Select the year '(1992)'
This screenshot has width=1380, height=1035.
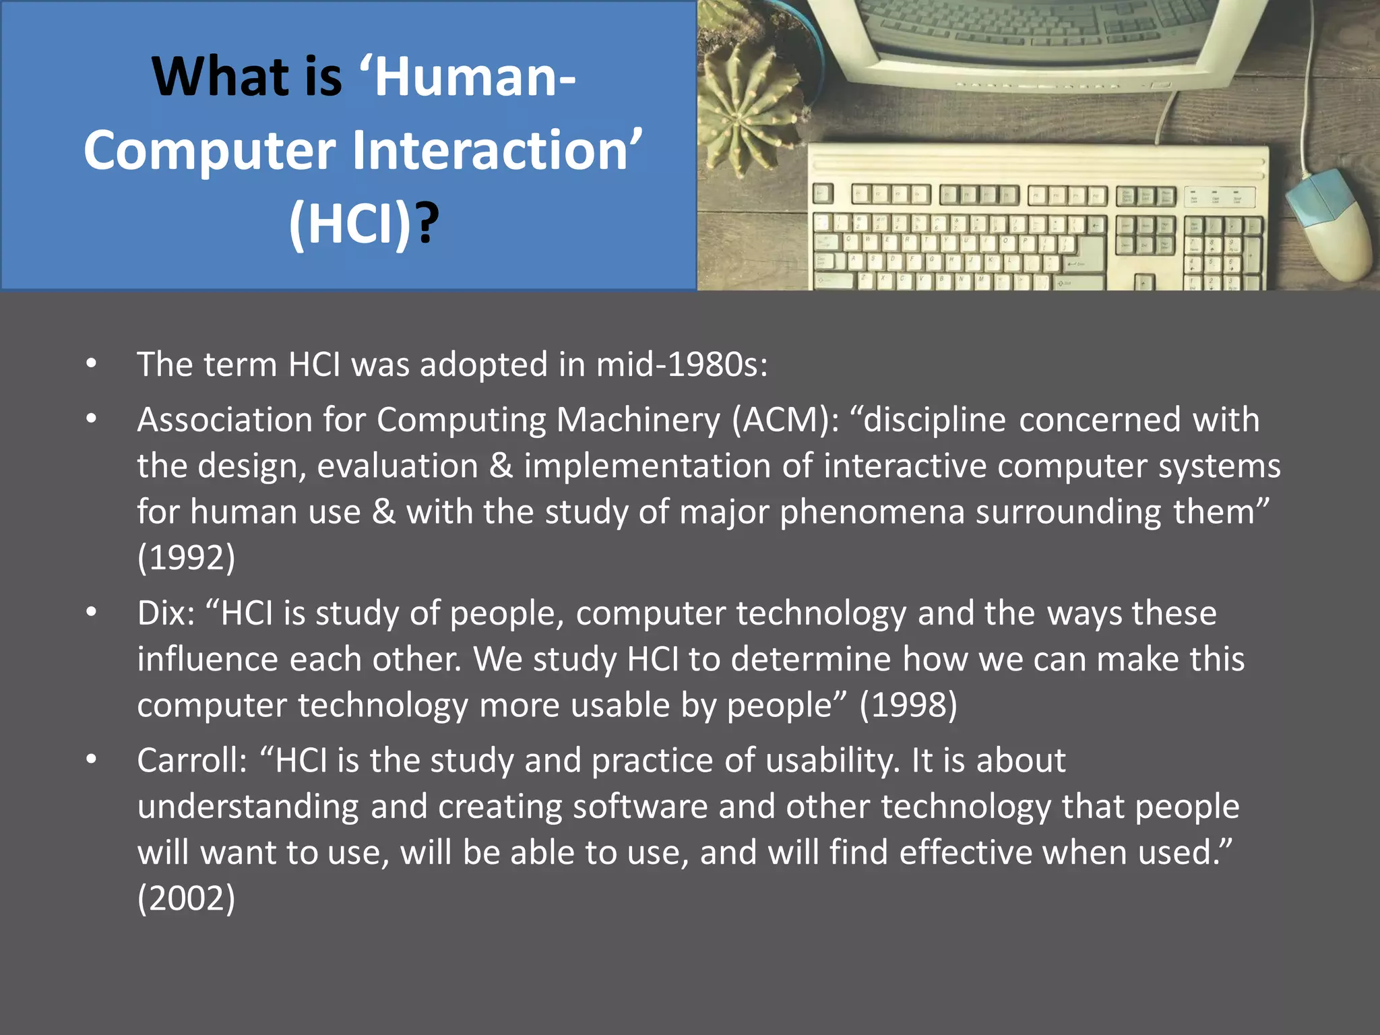186,557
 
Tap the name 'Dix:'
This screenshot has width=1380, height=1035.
166,613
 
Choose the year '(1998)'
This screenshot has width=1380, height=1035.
908,705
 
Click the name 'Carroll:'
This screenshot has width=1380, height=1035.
192,760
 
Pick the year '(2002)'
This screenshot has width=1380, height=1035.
186,898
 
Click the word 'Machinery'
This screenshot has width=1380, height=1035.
638,420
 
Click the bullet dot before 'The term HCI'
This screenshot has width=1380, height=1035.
92,365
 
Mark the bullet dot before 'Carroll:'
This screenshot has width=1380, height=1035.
92,760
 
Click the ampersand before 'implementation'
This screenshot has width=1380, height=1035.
501,466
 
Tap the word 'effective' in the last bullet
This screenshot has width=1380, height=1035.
966,852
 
